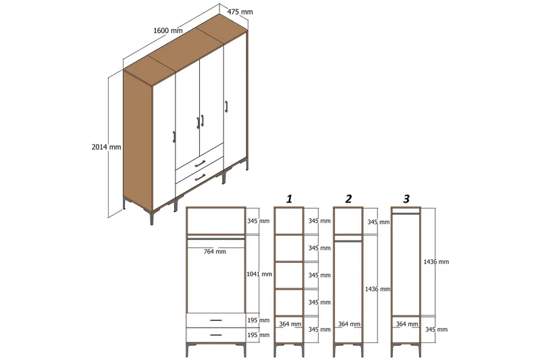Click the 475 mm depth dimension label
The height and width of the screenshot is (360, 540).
240,11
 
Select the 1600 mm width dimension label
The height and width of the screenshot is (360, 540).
168,30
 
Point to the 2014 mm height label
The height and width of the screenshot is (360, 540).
107,147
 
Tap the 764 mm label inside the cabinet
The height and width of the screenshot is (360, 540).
215,252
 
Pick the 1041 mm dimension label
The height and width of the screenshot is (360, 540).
259,274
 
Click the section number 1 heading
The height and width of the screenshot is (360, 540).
289,199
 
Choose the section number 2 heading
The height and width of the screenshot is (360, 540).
348,199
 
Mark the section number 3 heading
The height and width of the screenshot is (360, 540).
406,199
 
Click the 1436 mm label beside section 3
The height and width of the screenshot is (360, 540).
435,261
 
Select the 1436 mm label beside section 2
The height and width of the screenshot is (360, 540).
377,288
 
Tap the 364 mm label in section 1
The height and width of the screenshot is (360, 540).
289,324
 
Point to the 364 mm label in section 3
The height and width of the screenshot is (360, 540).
406,324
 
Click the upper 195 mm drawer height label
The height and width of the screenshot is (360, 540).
259,320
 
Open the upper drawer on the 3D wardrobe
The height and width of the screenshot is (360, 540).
199,162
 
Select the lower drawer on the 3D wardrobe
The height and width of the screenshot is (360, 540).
199,177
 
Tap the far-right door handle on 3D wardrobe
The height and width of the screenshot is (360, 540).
226,107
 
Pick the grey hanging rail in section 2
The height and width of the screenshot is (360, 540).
348,238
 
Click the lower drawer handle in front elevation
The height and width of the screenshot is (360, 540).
215,334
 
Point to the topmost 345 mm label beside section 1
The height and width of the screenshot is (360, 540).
319,221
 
